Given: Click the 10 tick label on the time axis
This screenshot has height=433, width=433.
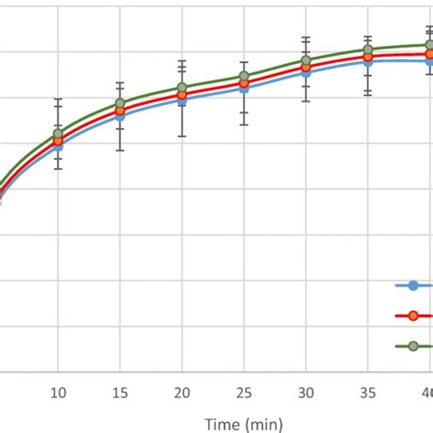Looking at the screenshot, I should tap(58, 392).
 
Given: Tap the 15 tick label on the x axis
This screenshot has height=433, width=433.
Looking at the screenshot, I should tap(121, 392).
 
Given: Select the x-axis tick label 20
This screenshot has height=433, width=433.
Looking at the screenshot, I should tap(183, 392).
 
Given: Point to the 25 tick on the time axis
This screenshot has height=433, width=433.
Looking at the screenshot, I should tap(244, 392).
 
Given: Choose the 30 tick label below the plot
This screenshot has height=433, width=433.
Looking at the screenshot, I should tap(306, 392).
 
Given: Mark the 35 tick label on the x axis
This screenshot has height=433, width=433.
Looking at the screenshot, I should tap(368, 392).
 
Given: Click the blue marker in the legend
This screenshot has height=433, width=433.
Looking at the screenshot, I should tap(413, 286).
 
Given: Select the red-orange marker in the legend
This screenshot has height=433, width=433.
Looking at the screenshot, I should tap(413, 315).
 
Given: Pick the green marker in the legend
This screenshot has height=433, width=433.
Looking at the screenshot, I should tap(413, 345).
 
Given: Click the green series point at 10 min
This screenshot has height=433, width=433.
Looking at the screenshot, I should tap(58, 133).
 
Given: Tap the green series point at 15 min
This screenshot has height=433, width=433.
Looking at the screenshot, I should tap(121, 103).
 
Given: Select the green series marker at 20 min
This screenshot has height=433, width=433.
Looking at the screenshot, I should tap(183, 88).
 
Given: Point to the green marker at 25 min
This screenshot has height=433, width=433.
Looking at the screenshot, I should tap(244, 77).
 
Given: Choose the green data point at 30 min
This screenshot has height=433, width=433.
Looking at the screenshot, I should tap(306, 61).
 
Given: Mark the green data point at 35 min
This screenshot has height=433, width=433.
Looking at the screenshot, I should tap(368, 50).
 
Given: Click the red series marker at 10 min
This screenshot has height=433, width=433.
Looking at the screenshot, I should tap(58, 141).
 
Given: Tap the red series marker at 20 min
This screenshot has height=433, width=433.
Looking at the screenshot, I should tap(183, 94).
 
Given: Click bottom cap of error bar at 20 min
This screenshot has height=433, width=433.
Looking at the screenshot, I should tap(183, 136).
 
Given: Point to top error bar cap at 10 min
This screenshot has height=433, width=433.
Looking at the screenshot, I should tap(58, 99).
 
